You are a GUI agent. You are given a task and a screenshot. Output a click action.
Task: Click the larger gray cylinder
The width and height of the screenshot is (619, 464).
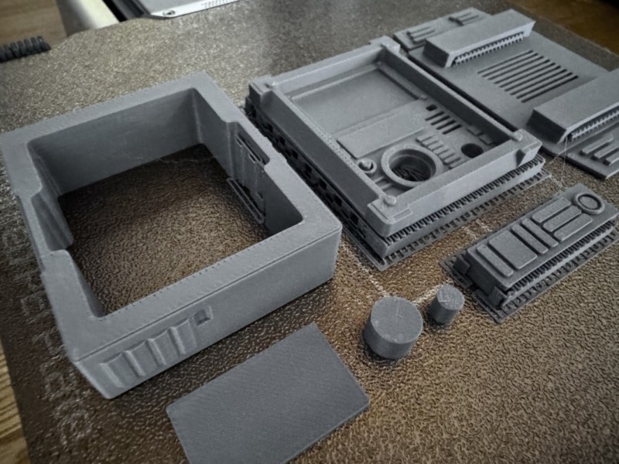point(392,327)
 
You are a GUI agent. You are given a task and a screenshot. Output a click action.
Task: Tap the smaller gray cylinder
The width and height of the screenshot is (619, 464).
point(446,303)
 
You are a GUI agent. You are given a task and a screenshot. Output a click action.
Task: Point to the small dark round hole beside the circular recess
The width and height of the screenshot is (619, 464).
point(472,150)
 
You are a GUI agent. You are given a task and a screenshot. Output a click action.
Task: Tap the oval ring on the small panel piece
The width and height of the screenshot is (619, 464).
point(590,203)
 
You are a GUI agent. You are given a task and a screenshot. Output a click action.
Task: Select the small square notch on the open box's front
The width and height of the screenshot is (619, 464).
point(202,316)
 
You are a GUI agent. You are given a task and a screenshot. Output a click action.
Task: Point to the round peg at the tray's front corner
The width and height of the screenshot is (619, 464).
point(390,200)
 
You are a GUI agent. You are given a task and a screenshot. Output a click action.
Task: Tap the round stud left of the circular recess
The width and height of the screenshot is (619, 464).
point(368,165)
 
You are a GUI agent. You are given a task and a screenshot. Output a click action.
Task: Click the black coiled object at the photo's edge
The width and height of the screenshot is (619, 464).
point(23,48)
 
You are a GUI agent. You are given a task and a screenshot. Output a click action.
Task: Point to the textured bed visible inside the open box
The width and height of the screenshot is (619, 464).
point(155,224)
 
